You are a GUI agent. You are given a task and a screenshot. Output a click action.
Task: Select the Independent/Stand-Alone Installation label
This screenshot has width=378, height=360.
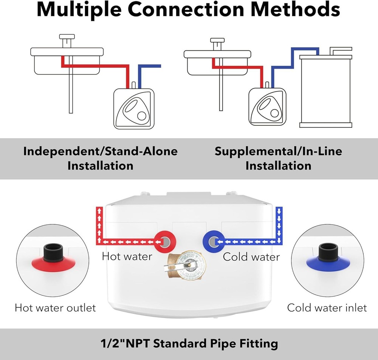[100, 158]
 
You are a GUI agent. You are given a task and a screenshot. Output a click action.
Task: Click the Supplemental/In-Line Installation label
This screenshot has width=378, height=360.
[278, 158]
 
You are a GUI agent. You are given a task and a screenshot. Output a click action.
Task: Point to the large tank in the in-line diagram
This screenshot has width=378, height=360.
[325, 91]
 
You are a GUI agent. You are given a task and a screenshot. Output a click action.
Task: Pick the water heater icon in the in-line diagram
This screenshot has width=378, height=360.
[267, 107]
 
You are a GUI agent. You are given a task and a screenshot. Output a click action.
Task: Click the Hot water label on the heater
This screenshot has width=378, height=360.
[127, 256]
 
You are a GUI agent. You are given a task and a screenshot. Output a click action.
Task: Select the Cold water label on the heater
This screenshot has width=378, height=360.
[251, 257]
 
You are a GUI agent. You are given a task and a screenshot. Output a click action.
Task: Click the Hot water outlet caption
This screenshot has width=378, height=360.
[55, 308]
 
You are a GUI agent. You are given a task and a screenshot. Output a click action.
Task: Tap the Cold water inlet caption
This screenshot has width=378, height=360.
[327, 308]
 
